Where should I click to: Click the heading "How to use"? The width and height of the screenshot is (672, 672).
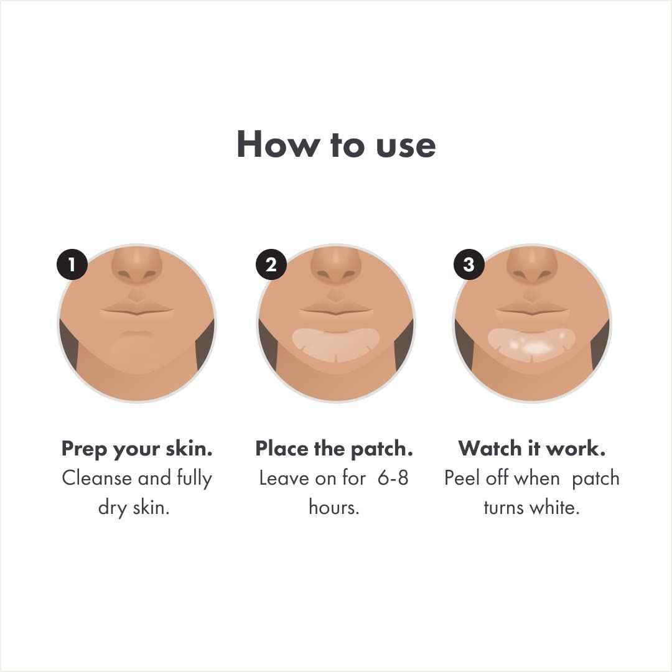336,144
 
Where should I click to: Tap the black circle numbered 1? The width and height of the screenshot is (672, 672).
72,265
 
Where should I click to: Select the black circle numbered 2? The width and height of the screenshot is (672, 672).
271,265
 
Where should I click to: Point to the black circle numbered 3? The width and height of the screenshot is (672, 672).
469,265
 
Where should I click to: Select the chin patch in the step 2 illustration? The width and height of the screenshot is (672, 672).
336,343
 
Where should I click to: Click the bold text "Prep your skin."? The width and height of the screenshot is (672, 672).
137,449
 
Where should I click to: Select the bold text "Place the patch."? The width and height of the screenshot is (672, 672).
334,449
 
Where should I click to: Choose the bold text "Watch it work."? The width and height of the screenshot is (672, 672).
532,449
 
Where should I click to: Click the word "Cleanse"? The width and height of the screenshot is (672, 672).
96,478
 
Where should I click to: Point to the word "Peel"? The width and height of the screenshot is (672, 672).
464,478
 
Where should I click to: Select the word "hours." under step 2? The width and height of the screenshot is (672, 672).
335,507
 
